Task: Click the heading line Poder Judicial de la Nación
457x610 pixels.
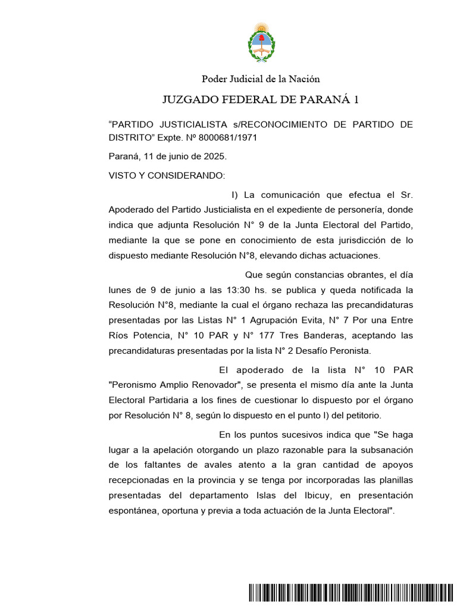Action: (261, 79)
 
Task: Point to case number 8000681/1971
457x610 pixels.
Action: (228, 138)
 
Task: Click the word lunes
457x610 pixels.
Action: (120, 290)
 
